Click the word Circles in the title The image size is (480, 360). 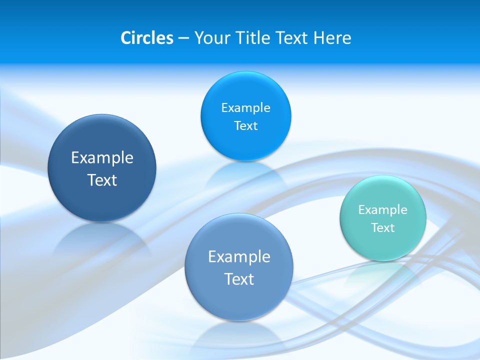(147, 38)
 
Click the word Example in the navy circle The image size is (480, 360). (102, 158)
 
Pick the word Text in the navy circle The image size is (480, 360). (102, 180)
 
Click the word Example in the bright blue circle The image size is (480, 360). (246, 107)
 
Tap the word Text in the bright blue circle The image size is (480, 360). (246, 126)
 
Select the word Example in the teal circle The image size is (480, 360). (383, 209)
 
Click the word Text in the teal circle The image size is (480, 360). (383, 228)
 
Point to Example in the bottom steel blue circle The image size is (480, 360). (239, 257)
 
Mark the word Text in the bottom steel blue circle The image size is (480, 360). (239, 279)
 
